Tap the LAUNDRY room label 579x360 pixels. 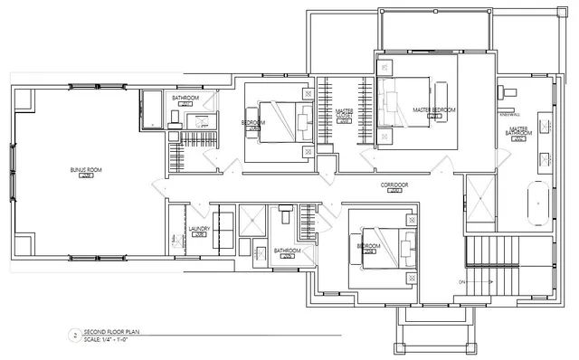[199, 229]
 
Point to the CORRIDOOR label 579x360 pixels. [394, 185]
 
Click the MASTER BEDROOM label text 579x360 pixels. [434, 109]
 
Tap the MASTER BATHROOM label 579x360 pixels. [518, 132]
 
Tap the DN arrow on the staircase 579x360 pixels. [462, 282]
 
